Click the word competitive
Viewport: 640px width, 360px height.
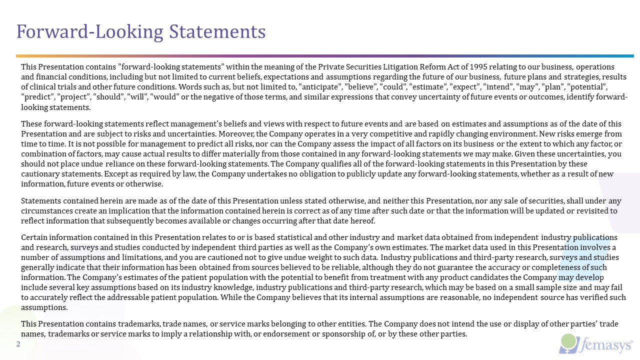pyautogui.click(x=390, y=134)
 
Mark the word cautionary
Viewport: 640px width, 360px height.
pyautogui.click(x=41, y=174)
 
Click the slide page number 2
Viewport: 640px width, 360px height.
pyautogui.click(x=18, y=344)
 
